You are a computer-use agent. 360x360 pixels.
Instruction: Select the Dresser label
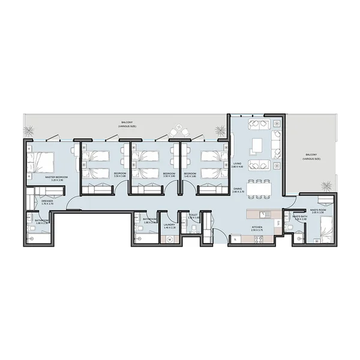click(47, 201)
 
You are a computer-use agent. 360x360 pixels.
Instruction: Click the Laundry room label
click(169, 225)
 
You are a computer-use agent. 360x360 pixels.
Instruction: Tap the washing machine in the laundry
click(169, 239)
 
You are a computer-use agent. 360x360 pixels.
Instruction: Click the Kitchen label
click(257, 227)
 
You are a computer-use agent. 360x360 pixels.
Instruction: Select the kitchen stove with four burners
click(259, 238)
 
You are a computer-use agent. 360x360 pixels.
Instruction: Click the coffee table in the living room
click(259, 145)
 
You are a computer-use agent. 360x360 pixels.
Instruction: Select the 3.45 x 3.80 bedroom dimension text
click(190, 176)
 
